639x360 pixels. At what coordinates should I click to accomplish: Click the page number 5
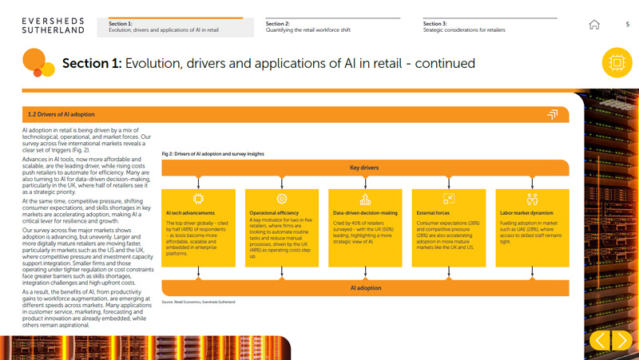click(x=627, y=25)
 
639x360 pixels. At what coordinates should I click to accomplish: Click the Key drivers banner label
click(x=364, y=168)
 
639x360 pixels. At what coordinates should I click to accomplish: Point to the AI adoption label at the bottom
click(x=364, y=287)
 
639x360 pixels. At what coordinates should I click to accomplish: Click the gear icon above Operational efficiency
click(x=281, y=198)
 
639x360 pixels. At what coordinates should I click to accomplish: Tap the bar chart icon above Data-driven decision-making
click(x=365, y=199)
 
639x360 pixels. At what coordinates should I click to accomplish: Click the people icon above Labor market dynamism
click(x=532, y=199)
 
